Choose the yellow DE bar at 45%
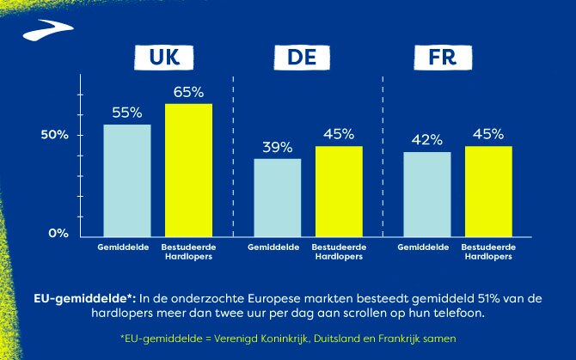tap(339, 192)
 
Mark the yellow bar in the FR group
tap(488, 192)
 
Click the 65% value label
tap(188, 90)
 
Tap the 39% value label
tap(278, 146)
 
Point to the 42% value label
tap(427, 139)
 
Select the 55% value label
tap(127, 112)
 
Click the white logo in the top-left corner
tap(41, 33)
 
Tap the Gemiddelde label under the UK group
tap(126, 247)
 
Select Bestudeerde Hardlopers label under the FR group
tap(488, 252)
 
